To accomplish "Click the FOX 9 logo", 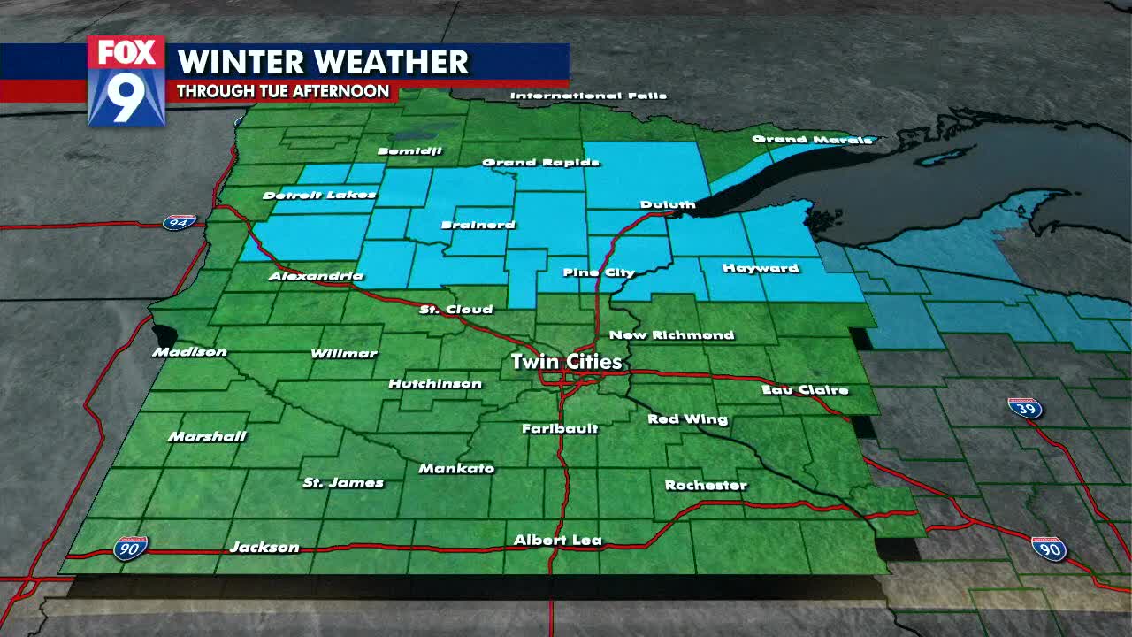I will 126,81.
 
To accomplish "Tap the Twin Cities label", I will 567,362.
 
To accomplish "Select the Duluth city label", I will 668,204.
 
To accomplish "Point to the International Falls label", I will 588,96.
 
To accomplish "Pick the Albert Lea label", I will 558,540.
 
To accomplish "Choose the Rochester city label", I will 706,485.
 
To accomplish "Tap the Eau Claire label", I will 805,389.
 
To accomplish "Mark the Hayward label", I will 761,268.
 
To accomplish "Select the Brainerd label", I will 478,225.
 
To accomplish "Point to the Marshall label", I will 207,436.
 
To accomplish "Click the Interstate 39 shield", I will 1025,408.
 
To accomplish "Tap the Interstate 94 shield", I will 179,222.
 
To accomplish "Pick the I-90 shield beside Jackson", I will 130,548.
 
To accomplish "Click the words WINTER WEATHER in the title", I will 323,62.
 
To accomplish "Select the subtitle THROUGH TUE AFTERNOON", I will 283,91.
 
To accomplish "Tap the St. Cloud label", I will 455,310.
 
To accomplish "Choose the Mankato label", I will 456,468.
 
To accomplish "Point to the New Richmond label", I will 672,334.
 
